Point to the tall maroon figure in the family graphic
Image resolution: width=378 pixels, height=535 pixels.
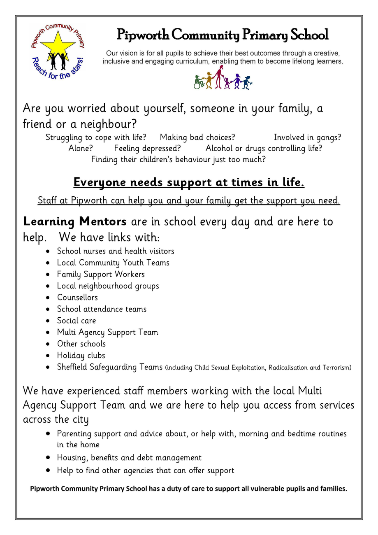click(218, 77)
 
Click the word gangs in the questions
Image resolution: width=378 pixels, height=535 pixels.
click(329, 137)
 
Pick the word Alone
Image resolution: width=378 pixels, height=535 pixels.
click(81, 148)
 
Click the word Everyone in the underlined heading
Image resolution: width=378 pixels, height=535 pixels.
click(100, 182)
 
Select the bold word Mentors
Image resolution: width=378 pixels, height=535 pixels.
click(103, 222)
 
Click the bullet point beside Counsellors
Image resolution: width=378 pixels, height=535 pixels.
click(49, 298)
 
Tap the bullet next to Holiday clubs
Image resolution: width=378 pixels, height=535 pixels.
click(49, 356)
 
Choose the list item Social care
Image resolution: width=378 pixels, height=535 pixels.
click(77, 321)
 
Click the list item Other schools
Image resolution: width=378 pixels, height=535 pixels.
click(81, 344)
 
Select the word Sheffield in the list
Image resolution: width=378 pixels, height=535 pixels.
click(72, 367)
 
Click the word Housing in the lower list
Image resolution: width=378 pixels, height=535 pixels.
click(72, 458)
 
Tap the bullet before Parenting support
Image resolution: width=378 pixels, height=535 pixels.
click(49, 434)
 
